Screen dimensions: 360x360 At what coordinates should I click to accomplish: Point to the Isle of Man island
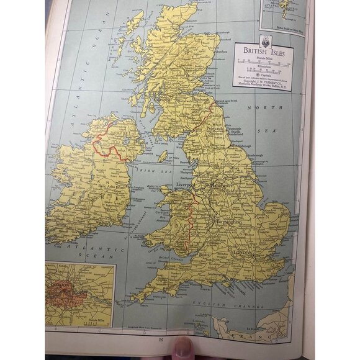pyautogui.click(x=163, y=156)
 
